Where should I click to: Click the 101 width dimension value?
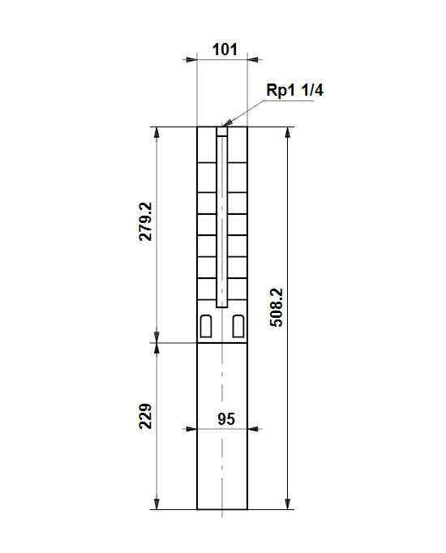pyautogui.click(x=225, y=49)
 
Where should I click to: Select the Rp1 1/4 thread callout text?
pyautogui.click(x=294, y=90)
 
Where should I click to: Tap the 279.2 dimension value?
pyautogui.click(x=145, y=221)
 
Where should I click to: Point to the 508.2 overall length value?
pyautogui.click(x=276, y=307)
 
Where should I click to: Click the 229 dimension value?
pyautogui.click(x=145, y=416)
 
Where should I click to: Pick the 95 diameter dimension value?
pyautogui.click(x=226, y=419)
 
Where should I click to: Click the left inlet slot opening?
pyautogui.click(x=206, y=326)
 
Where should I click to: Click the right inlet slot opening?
pyautogui.click(x=238, y=326)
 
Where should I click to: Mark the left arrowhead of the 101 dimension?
pyautogui.click(x=191, y=60)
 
